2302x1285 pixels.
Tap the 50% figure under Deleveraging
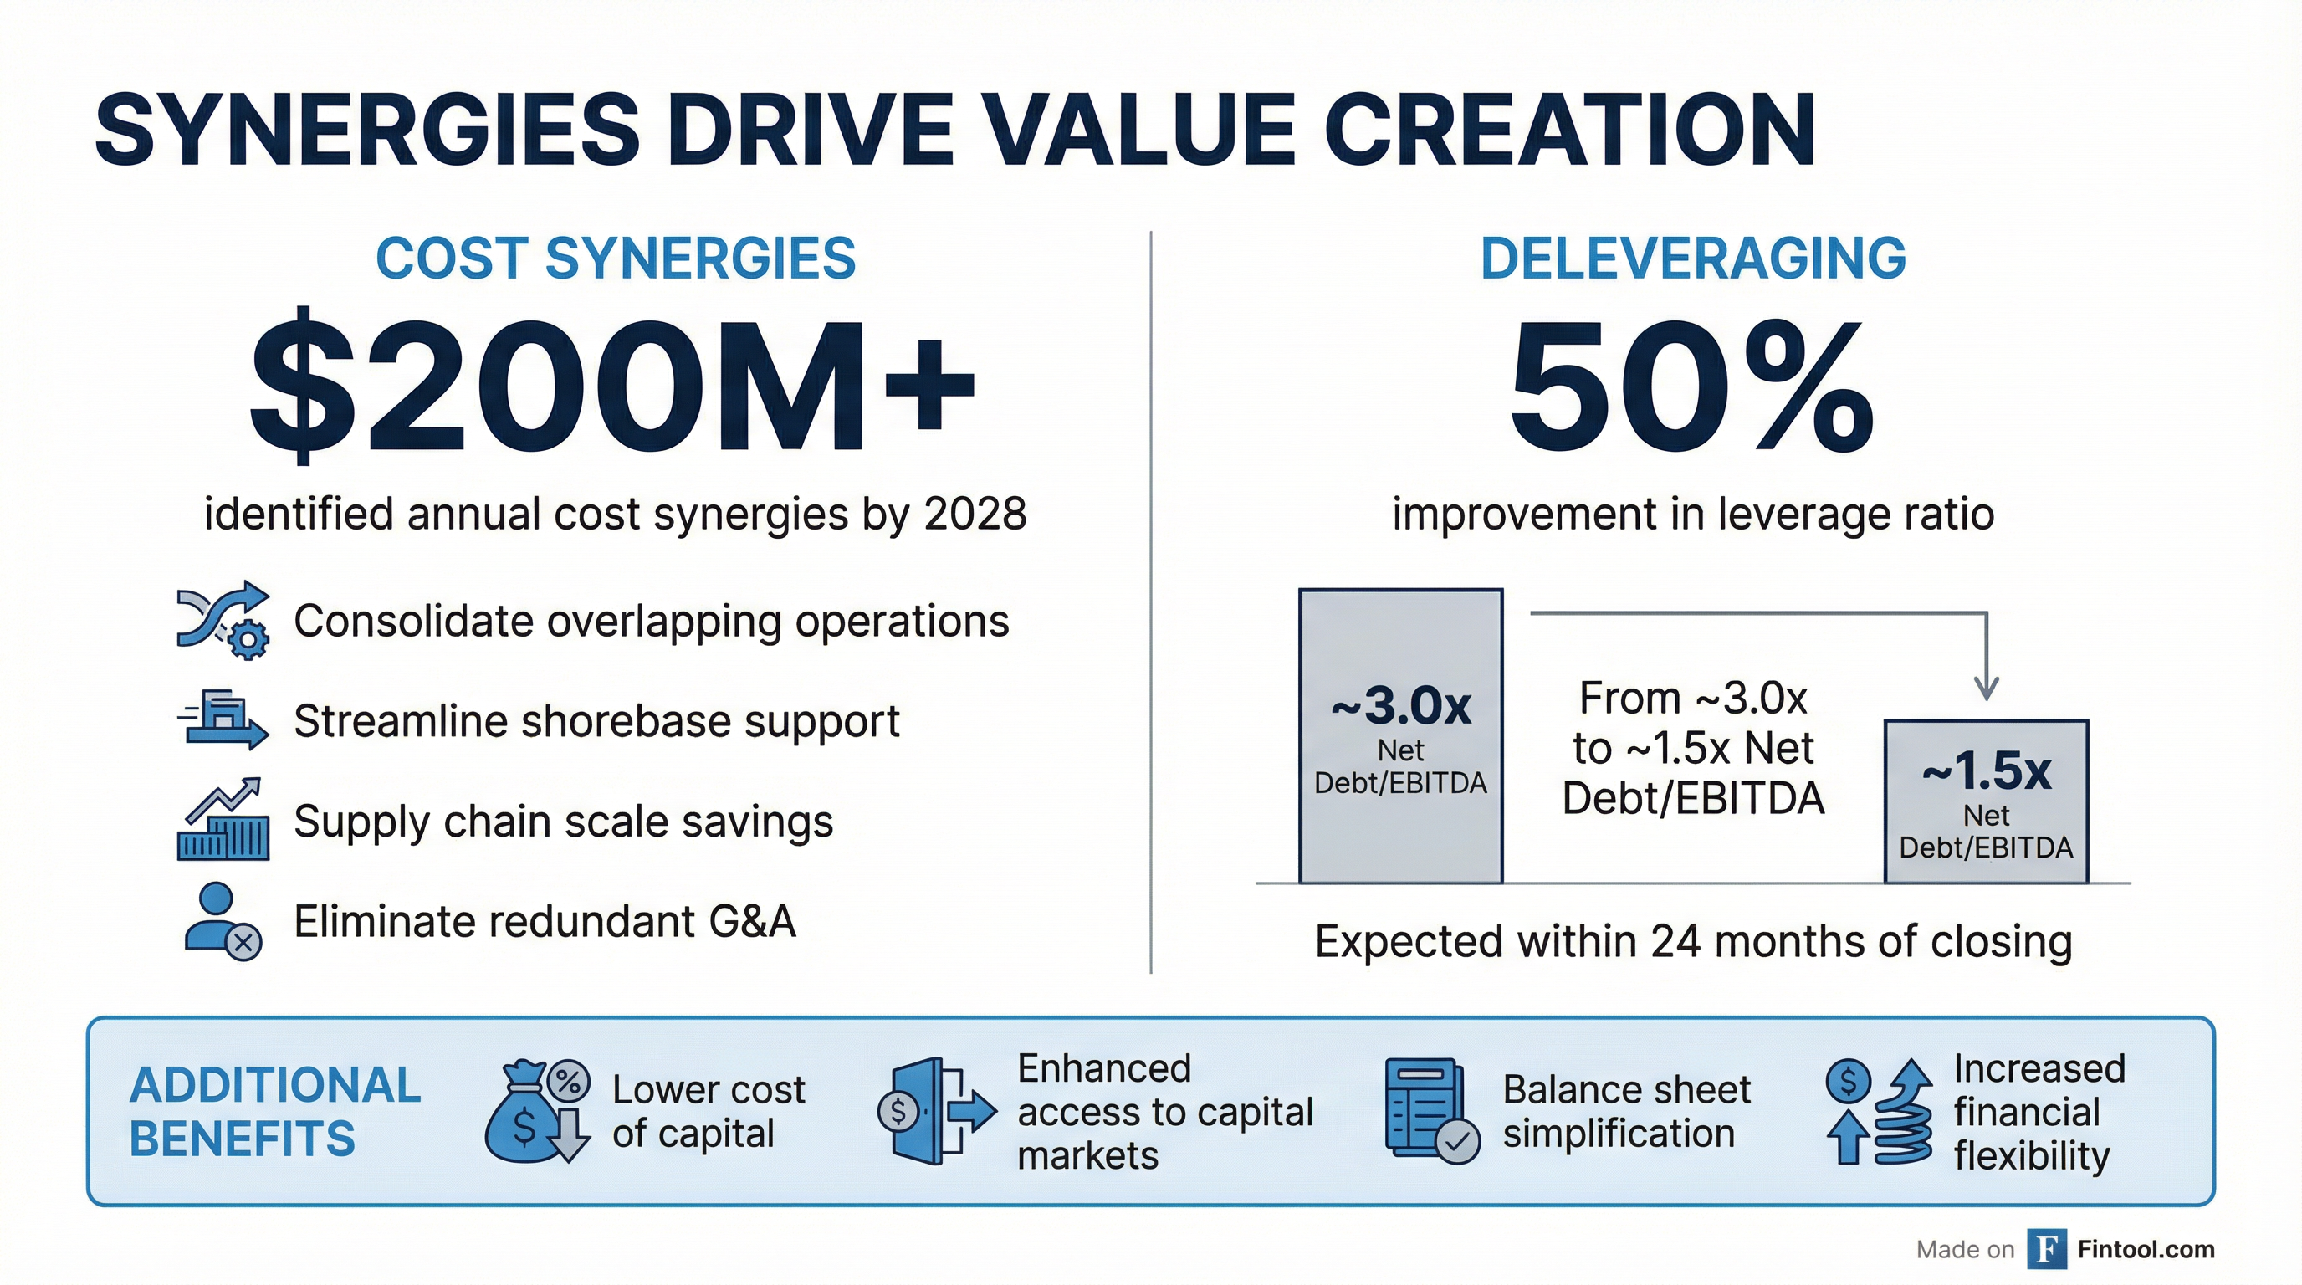pyautogui.click(x=1691, y=386)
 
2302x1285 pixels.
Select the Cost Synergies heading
pyautogui.click(x=616, y=259)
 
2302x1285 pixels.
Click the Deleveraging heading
pyautogui.click(x=1693, y=259)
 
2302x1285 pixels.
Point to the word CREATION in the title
pyautogui.click(x=1570, y=131)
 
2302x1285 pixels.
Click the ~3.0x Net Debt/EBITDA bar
pyautogui.click(x=1400, y=736)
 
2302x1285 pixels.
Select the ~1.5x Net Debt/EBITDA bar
pyautogui.click(x=1986, y=801)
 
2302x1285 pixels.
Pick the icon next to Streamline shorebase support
pyautogui.click(x=223, y=719)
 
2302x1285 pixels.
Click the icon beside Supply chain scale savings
pyautogui.click(x=223, y=818)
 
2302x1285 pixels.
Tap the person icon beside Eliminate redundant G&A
pyautogui.click(x=223, y=921)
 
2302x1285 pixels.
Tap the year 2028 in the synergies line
pyautogui.click(x=975, y=514)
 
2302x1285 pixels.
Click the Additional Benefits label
pyautogui.click(x=275, y=1112)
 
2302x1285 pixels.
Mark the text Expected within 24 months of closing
pyautogui.click(x=1693, y=941)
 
